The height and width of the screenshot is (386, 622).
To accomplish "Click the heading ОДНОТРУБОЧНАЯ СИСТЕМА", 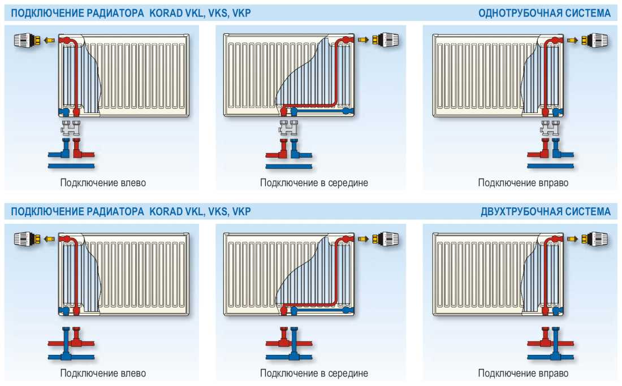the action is click(544, 13).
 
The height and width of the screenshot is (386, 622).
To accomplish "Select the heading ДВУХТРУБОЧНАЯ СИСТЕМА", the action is click(546, 211).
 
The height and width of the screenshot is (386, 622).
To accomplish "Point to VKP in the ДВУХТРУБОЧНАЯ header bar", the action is click(241, 211).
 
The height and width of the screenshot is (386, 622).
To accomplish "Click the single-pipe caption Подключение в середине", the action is click(314, 183).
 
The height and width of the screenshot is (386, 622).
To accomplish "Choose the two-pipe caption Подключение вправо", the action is click(523, 373).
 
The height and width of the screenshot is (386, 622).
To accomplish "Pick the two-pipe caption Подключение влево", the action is click(103, 373).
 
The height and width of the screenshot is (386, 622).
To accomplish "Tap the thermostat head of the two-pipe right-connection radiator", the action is click(595, 238).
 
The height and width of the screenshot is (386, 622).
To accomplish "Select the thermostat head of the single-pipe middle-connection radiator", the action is click(386, 40).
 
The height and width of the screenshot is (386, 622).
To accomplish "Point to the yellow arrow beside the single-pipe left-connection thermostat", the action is click(49, 40).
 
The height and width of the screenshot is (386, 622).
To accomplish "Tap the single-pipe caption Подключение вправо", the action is click(523, 183).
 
